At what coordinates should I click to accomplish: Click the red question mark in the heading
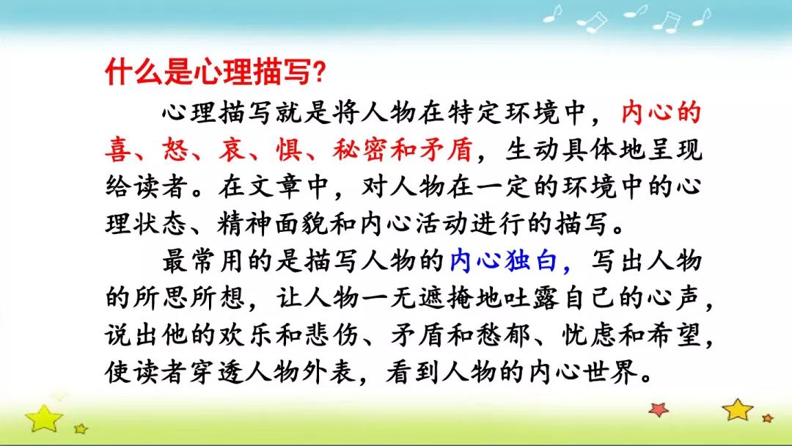click(319, 73)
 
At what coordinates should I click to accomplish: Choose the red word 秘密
click(360, 150)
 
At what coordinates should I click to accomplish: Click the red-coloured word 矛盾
click(446, 150)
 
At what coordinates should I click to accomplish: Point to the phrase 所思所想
click(175, 298)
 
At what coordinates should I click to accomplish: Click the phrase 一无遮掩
click(418, 298)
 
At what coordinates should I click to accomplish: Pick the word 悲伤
click(331, 335)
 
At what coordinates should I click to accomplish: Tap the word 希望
click(675, 335)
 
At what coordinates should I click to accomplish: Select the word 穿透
click(218, 373)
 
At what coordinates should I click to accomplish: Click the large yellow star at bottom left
click(44, 418)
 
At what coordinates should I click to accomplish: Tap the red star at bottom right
click(659, 409)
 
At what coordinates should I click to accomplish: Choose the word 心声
click(675, 298)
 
